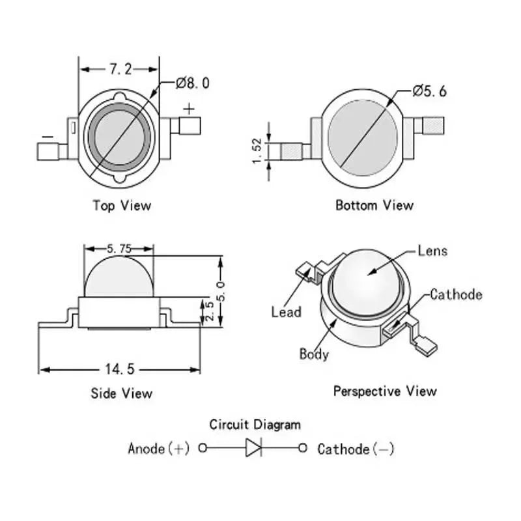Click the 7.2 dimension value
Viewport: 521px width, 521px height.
pyautogui.click(x=120, y=70)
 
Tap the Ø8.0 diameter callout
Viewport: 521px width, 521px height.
pyautogui.click(x=193, y=83)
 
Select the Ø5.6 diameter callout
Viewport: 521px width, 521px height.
pyautogui.click(x=430, y=91)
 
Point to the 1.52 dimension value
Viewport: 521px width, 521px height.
pyautogui.click(x=257, y=151)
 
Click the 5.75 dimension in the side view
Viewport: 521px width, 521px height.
pyautogui.click(x=119, y=249)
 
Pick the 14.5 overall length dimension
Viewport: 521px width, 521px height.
pyautogui.click(x=120, y=369)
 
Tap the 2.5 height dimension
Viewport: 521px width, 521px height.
pyautogui.click(x=209, y=311)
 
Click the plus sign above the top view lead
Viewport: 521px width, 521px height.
pyautogui.click(x=189, y=109)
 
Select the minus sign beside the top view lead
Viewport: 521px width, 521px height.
pyautogui.click(x=48, y=137)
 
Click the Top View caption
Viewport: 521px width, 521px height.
pyautogui.click(x=122, y=205)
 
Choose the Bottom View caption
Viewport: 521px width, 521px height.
pyautogui.click(x=374, y=205)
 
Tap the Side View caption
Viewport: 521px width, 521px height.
pyautogui.click(x=122, y=393)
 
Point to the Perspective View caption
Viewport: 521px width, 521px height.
pyautogui.click(x=385, y=391)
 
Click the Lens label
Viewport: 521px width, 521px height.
pyautogui.click(x=432, y=251)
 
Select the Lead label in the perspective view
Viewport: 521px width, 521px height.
pyautogui.click(x=286, y=312)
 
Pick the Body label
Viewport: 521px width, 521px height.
pyautogui.click(x=314, y=354)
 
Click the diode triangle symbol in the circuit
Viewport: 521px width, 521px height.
pyautogui.click(x=253, y=447)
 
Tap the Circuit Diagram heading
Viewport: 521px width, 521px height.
pyautogui.click(x=255, y=425)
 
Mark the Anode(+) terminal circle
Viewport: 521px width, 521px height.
pyautogui.click(x=203, y=448)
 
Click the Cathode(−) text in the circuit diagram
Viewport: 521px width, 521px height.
pyautogui.click(x=356, y=449)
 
